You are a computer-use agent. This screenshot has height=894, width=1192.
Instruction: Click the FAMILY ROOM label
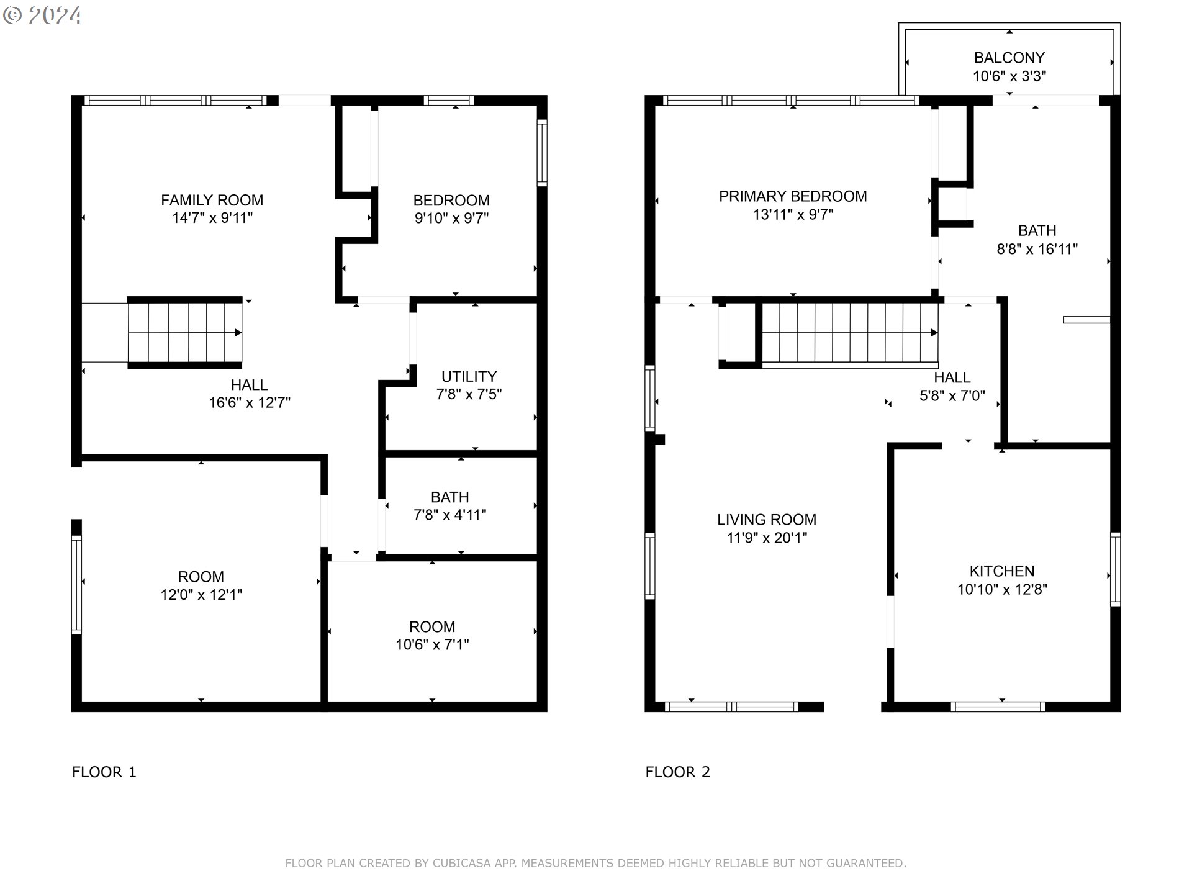tap(212, 200)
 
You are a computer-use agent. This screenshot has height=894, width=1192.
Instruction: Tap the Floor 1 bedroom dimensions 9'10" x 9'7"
tap(452, 218)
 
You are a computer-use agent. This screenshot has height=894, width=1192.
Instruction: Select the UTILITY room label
tap(469, 376)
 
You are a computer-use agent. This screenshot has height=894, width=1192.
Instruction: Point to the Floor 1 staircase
tap(185, 333)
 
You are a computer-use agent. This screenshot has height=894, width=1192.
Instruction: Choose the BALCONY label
tap(1009, 58)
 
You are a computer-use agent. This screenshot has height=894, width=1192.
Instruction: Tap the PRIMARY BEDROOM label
tap(793, 196)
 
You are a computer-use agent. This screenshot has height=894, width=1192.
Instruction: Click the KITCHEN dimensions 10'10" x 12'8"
tap(1002, 589)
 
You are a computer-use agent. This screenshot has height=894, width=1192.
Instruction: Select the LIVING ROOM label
tap(767, 520)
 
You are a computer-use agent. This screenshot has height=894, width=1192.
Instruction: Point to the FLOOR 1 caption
tap(104, 772)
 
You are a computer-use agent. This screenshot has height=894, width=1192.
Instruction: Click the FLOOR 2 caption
tap(677, 772)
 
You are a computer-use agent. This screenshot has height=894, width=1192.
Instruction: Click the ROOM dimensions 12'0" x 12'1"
tap(201, 595)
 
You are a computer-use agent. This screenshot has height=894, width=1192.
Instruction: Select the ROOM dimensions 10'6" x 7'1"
tap(432, 644)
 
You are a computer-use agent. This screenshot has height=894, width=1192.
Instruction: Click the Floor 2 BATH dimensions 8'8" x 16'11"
tap(1037, 249)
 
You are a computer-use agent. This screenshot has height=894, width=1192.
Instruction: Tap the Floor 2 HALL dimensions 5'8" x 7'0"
tap(952, 395)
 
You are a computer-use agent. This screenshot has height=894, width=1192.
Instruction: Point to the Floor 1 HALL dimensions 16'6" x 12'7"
tap(250, 402)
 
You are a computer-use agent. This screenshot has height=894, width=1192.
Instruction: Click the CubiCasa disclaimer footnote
tap(596, 863)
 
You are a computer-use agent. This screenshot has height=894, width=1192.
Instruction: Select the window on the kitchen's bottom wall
tap(998, 707)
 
